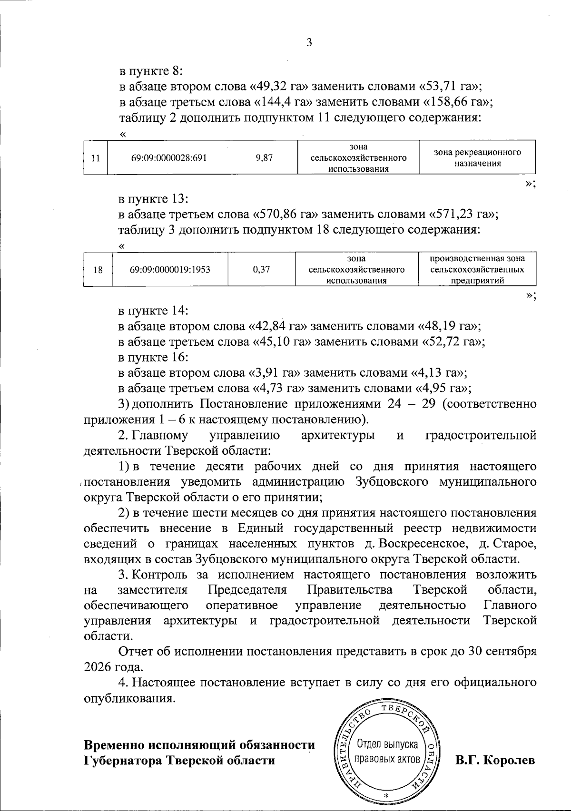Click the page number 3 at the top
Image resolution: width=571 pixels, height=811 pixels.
click(x=309, y=42)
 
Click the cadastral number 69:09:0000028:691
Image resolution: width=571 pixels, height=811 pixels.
click(x=169, y=158)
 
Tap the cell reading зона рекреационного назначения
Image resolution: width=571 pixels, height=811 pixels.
click(x=477, y=158)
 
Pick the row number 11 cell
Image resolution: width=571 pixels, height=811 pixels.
click(x=96, y=158)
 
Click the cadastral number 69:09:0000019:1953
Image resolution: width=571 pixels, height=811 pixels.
click(x=170, y=270)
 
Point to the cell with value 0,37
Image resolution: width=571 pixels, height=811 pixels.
click(x=262, y=270)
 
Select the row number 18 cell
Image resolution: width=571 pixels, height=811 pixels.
click(x=98, y=270)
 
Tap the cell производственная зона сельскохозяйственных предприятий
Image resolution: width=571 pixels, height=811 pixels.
click(x=477, y=270)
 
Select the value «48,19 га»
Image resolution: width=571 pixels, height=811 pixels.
click(x=449, y=326)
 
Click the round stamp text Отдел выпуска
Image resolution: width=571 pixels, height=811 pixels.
click(x=387, y=743)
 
